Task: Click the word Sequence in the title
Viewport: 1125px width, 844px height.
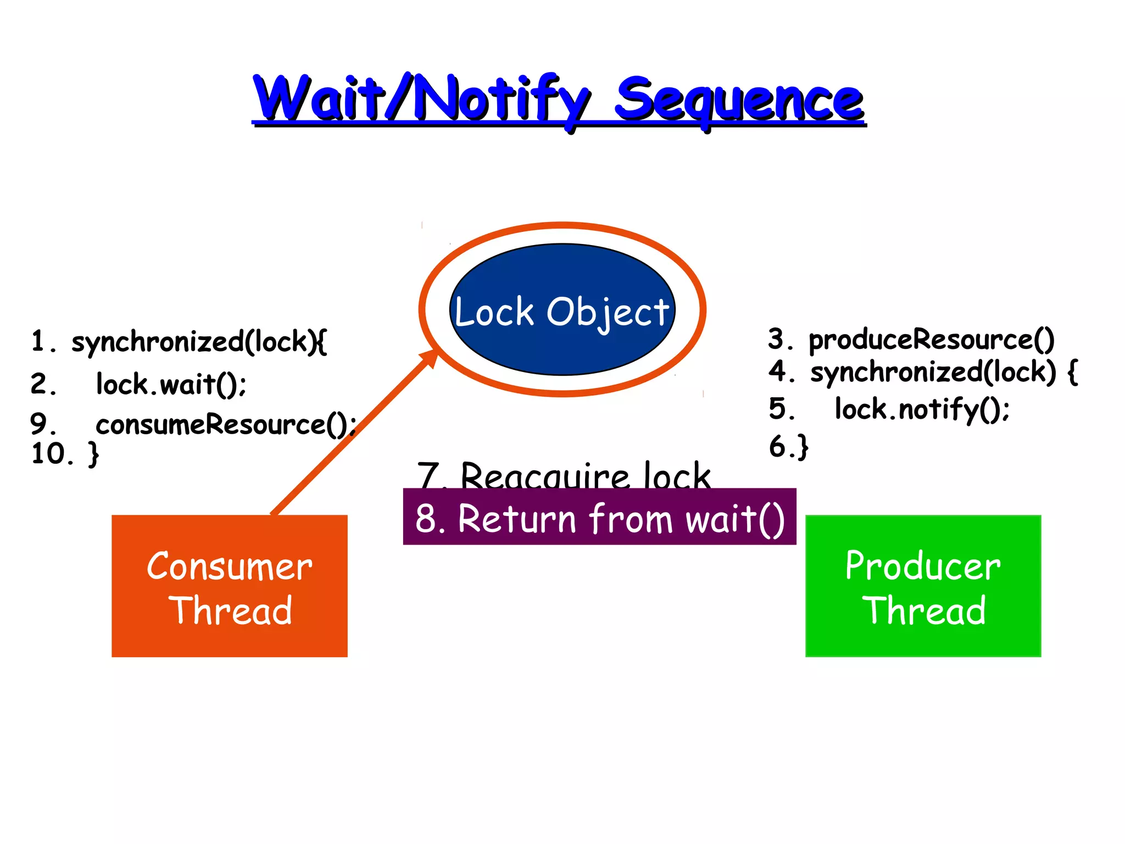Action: point(739,101)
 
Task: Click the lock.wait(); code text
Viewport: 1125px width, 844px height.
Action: point(171,384)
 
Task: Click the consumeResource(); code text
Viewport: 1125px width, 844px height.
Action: point(226,425)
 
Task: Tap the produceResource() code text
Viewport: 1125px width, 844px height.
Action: point(932,340)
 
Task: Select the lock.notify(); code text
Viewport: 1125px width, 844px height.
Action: point(922,409)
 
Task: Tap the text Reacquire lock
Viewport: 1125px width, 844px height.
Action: point(586,475)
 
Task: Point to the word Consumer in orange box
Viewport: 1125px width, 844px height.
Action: point(230,567)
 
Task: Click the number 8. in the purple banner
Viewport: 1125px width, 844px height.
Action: point(430,519)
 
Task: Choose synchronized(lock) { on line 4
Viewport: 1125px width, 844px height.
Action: point(944,373)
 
